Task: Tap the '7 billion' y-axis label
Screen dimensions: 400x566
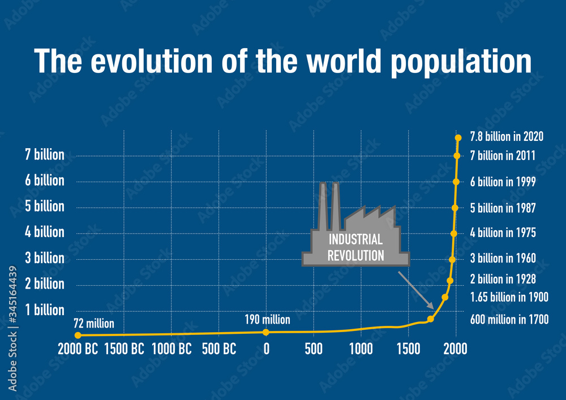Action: click(45, 155)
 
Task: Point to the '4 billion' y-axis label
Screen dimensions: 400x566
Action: click(45, 233)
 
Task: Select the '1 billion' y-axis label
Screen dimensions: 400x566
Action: click(45, 310)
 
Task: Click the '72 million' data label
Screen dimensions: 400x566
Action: click(94, 324)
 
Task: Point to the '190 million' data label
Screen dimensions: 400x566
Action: click(267, 320)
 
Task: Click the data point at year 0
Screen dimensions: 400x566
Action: click(266, 332)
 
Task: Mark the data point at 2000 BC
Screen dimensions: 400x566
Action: click(78, 336)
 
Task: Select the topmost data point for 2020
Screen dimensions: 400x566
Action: click(458, 137)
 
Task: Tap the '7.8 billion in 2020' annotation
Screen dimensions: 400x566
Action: click(507, 137)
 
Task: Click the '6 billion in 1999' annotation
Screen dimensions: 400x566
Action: click(503, 182)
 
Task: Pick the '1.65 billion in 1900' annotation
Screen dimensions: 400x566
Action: click(509, 297)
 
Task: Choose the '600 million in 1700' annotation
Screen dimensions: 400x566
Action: click(509, 320)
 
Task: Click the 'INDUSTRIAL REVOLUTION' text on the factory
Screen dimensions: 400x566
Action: click(355, 247)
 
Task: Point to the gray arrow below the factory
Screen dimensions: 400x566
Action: click(416, 290)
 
